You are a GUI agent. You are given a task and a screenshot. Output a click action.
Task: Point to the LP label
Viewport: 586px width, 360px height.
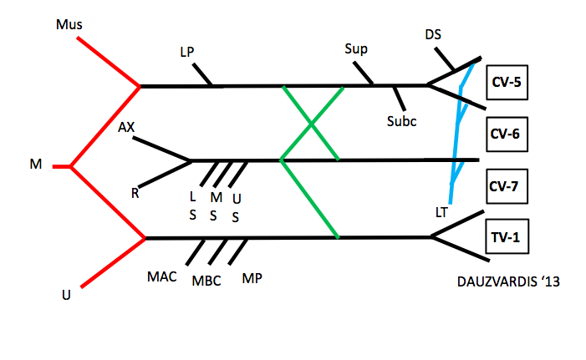[188, 52]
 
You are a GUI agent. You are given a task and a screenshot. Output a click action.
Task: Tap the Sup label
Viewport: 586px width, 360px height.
[356, 48]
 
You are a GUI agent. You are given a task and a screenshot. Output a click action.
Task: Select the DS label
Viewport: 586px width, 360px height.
[433, 34]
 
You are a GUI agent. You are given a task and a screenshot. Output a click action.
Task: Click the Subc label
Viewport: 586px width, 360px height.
[401, 120]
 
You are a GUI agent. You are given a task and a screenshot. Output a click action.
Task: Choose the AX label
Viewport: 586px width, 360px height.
[127, 128]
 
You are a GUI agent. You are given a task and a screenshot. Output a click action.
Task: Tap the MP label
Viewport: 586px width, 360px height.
[252, 277]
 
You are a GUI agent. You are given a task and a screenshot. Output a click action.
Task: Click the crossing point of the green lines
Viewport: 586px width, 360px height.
[311, 124]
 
